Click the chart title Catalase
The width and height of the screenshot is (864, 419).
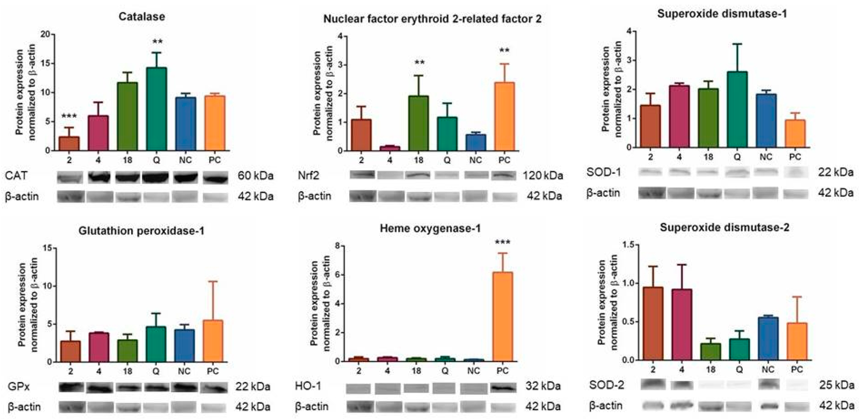142,17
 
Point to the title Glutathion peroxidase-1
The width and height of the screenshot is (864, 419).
141,231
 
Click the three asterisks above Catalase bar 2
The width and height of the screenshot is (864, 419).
69,116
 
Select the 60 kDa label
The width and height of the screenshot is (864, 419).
255,176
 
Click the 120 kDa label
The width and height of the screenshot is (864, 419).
542,176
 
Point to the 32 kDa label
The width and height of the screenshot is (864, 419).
543,386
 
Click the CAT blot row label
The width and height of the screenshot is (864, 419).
16,176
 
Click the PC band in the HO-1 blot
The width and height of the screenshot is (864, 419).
504,388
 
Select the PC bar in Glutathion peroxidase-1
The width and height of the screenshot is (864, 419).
213,341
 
